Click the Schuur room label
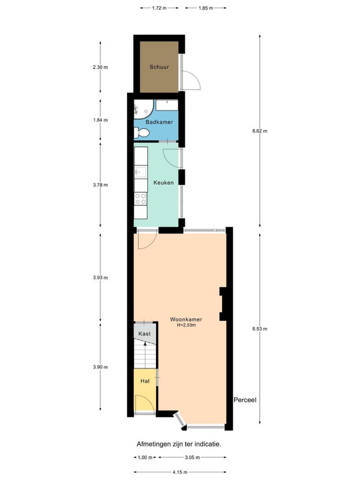[159, 67]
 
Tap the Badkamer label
[159, 122]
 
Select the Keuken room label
[163, 182]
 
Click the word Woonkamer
[186, 320]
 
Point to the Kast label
[145, 334]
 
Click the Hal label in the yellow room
[145, 381]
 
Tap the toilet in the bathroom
[142, 133]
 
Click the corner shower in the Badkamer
[143, 108]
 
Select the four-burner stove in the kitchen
[141, 199]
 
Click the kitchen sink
[141, 172]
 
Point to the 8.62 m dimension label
[260, 131]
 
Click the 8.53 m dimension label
[260, 329]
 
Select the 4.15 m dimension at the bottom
[179, 472]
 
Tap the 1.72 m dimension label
[159, 8]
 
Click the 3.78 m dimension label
[100, 185]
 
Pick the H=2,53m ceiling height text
[186, 325]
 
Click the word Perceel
[245, 400]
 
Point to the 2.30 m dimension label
[100, 67]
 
